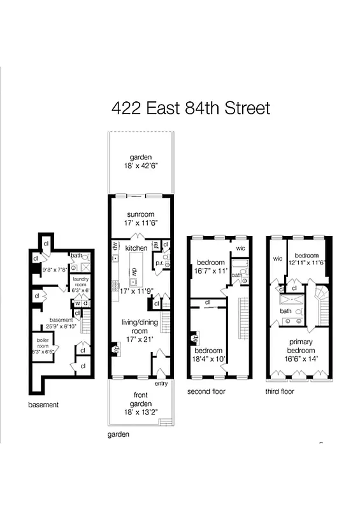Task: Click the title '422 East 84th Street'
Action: tap(191, 108)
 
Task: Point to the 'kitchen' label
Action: tap(136, 248)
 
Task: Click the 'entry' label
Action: tap(161, 383)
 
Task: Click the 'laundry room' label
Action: tap(80, 282)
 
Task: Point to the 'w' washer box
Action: tap(78, 303)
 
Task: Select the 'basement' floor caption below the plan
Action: tap(43, 404)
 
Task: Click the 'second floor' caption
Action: tap(206, 391)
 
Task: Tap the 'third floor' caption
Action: tap(280, 391)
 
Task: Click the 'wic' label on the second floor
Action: tap(240, 249)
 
